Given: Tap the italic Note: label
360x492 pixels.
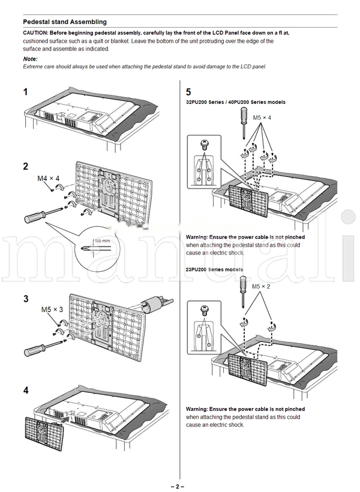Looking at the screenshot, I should point(30,59).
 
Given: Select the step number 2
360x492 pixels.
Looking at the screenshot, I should point(26,166).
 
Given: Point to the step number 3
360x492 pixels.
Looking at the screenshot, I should point(26,298).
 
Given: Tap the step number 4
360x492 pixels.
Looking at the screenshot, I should point(26,390).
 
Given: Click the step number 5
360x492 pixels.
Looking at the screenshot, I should point(188,92).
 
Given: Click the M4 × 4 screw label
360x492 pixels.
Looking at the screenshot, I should point(49,178).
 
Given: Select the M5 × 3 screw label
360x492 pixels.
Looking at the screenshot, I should point(52,310).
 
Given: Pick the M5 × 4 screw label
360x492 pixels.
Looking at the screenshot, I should point(261,118).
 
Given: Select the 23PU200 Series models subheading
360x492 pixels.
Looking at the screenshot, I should point(214,270).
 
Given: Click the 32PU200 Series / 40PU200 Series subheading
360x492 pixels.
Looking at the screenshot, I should point(236,102).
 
